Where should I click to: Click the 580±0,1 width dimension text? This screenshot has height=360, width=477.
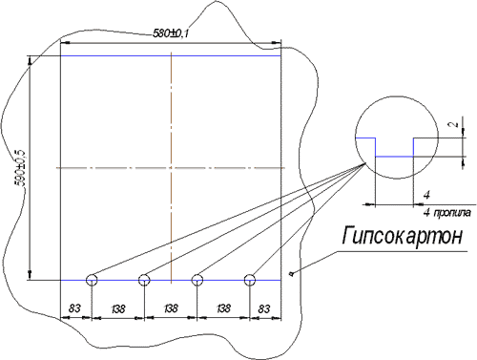pyautogui.click(x=171, y=33)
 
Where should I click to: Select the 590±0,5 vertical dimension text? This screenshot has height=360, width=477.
pyautogui.click(x=21, y=168)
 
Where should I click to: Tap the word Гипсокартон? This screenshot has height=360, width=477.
pyautogui.click(x=403, y=236)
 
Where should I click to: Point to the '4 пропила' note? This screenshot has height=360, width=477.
pyautogui.click(x=446, y=213)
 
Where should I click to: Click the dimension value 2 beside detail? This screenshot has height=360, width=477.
pyautogui.click(x=455, y=123)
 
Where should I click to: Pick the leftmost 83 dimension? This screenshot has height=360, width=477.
pyautogui.click(x=74, y=308)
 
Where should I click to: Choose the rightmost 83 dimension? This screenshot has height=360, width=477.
pyautogui.click(x=264, y=308)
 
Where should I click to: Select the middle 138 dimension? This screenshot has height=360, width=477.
pyautogui.click(x=171, y=308)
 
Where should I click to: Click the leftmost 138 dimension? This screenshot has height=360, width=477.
pyautogui.click(x=118, y=308)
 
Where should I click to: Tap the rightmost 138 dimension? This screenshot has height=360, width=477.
pyautogui.click(x=223, y=308)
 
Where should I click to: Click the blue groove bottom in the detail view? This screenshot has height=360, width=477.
pyautogui.click(x=394, y=157)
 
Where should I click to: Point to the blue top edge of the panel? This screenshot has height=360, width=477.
pyautogui.click(x=171, y=56)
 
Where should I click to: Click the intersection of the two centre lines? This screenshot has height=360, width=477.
pyautogui.click(x=172, y=167)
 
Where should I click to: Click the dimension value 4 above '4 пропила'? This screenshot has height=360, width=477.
pyautogui.click(x=426, y=195)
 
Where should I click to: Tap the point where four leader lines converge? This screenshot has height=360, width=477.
pyautogui.click(x=365, y=163)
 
